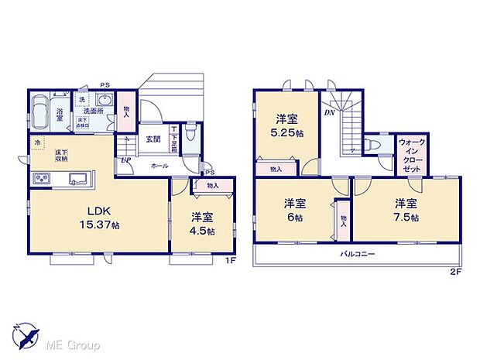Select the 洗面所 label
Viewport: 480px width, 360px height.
(94, 111)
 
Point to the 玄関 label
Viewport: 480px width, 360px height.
(153, 139)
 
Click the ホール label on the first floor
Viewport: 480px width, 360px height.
(159, 166)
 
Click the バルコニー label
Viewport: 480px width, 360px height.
(356, 254)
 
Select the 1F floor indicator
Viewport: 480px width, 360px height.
(230, 260)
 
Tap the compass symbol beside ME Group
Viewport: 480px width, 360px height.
(26, 334)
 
